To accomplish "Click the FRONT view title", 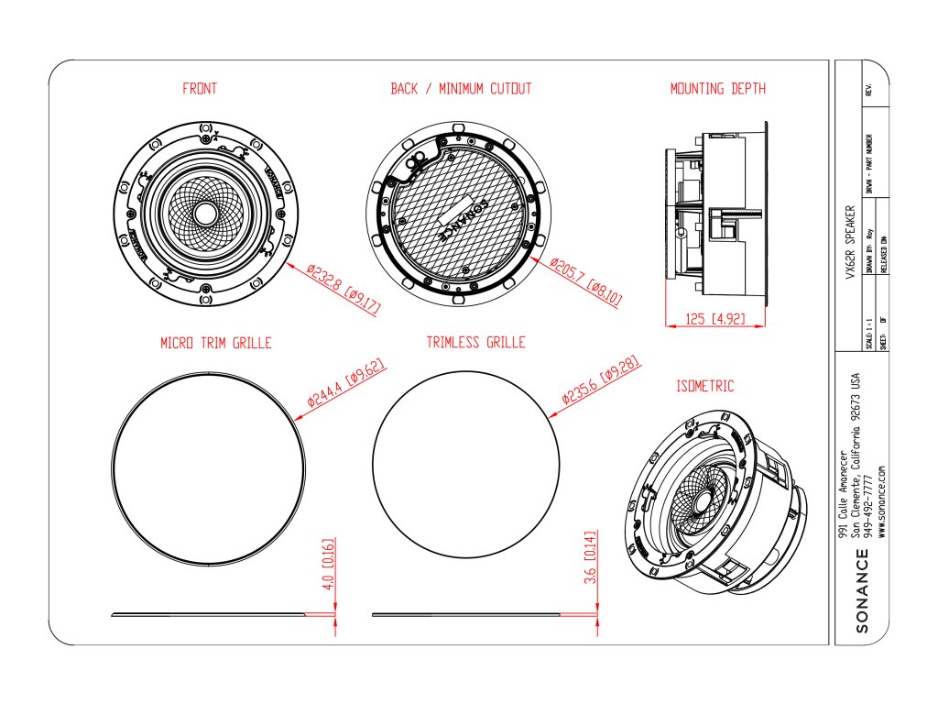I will coord(200,89).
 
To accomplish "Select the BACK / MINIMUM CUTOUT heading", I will coord(461,89).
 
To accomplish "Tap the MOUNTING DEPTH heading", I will coord(718,89).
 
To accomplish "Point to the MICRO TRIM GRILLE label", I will coord(216,343).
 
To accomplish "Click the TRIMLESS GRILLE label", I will coord(476,342).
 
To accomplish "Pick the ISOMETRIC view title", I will coord(705,387).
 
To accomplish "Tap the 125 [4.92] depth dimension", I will coord(715,320).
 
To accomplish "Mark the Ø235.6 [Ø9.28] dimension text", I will coord(599,379).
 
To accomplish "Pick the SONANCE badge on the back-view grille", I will coord(461,216).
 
